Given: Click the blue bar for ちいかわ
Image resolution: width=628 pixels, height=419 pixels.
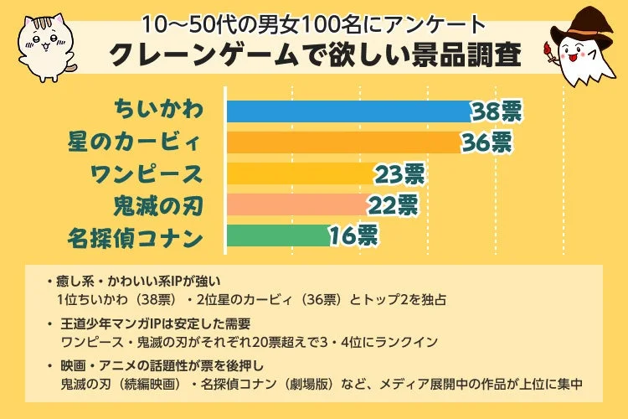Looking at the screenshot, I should pyautogui.click(x=347, y=111).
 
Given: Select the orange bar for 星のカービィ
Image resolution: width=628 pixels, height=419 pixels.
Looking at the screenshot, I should pyautogui.click(x=343, y=142).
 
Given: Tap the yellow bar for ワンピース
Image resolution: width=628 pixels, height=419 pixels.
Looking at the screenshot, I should pyautogui.click(x=301, y=173).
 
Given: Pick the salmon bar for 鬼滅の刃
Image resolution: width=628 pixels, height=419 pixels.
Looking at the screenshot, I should pyautogui.click(x=297, y=204).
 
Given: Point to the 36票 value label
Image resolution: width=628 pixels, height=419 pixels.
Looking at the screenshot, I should pyautogui.click(x=486, y=142).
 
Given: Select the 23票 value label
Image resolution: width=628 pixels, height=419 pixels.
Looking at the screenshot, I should pyautogui.click(x=400, y=173).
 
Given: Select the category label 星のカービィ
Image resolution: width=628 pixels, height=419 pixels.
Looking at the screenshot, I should pyautogui.click(x=135, y=142).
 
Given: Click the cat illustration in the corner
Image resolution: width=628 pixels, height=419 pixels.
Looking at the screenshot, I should pyautogui.click(x=43, y=42).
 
